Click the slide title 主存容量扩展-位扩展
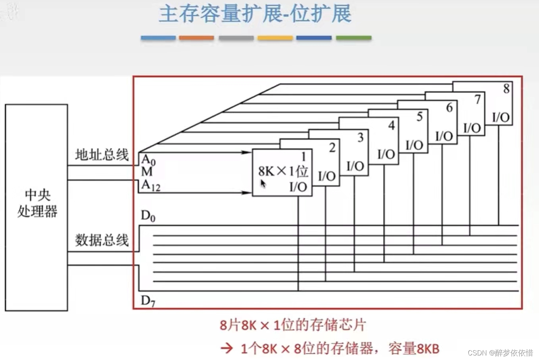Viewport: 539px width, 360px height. (x=255, y=14)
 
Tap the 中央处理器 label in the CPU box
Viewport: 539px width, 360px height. (x=37, y=203)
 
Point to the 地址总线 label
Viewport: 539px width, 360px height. (x=102, y=155)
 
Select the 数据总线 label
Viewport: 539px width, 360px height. (x=102, y=240)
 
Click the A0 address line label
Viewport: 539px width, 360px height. (x=148, y=159)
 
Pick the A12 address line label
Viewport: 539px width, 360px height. (x=150, y=186)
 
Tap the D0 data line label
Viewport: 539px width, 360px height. (x=148, y=216)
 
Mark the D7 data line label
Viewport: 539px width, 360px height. (x=148, y=301)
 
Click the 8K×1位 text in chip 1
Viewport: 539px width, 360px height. (x=283, y=171)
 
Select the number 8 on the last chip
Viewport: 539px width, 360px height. (x=506, y=89)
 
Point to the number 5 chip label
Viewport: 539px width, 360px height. (x=419, y=117)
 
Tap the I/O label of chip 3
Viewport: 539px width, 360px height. (x=355, y=166)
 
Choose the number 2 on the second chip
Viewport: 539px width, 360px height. (x=332, y=147)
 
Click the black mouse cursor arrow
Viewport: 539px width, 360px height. (x=263, y=184)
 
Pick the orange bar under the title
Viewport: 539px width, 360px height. (x=197, y=38)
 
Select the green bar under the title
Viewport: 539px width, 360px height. (x=353, y=38)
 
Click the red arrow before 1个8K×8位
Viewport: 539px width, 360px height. (x=227, y=348)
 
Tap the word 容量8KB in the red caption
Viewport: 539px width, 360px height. (x=414, y=348)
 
